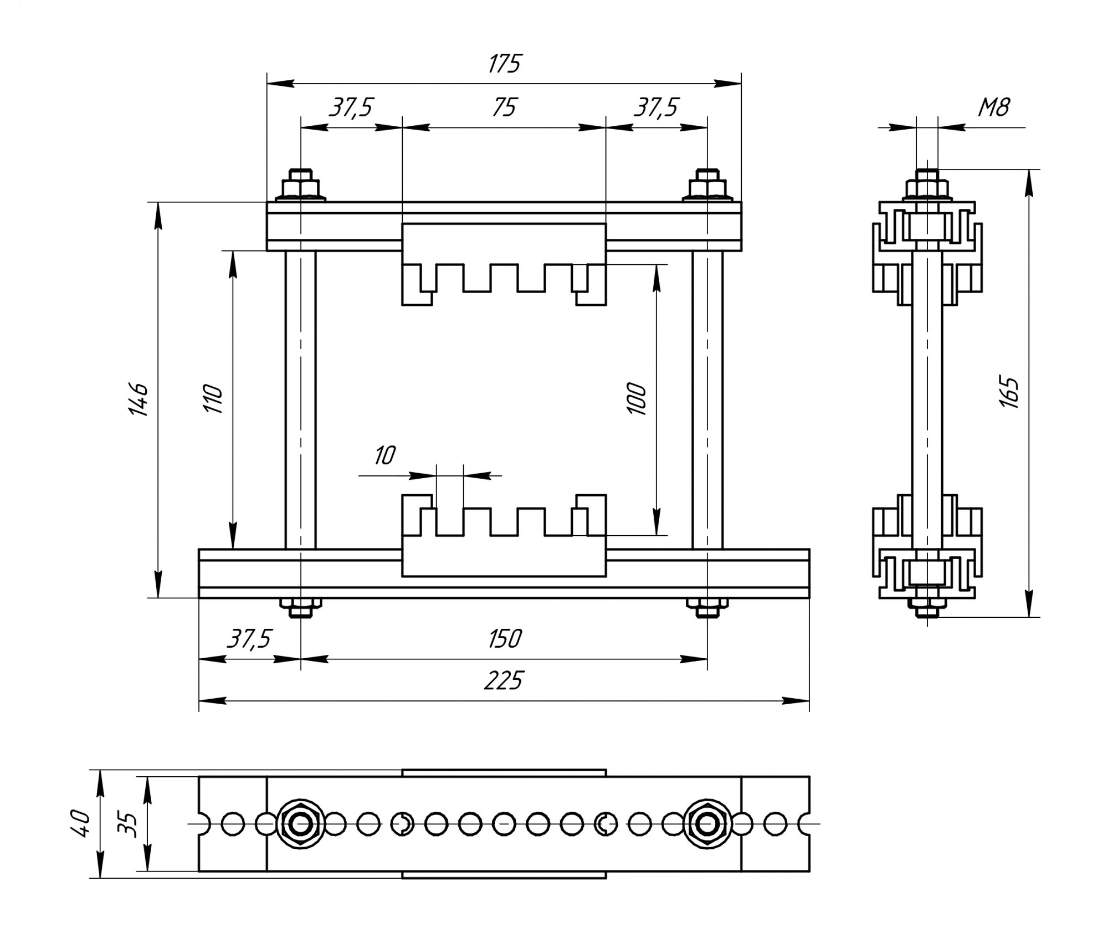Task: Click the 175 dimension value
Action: [504, 64]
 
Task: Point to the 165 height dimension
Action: [1010, 392]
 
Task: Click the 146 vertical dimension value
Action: [137, 399]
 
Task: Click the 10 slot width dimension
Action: [385, 455]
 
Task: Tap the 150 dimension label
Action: [504, 639]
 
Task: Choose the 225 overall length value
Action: [503, 681]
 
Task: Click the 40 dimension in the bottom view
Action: [81, 824]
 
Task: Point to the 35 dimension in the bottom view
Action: [128, 824]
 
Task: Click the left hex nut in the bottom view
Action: [300, 824]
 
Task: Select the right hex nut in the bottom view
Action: [707, 824]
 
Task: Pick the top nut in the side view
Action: [927, 185]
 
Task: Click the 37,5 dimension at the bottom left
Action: [249, 639]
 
